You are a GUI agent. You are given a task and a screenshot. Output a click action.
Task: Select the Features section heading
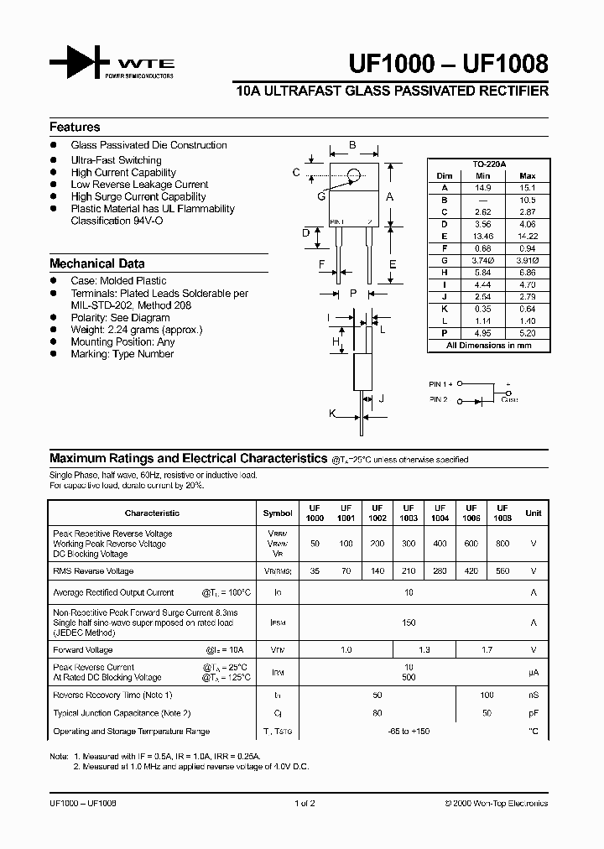75,128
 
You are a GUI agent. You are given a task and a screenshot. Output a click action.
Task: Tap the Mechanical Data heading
96,263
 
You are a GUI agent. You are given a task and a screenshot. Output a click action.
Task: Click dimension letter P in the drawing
353,293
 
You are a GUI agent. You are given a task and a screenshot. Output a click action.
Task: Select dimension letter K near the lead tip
332,414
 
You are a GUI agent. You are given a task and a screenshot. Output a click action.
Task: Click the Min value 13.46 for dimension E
482,237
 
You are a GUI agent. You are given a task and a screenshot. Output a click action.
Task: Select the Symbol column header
278,513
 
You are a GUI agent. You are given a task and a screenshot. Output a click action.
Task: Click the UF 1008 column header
502,513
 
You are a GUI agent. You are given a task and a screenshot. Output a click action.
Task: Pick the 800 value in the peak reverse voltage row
502,544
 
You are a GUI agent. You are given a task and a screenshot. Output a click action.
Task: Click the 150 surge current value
408,622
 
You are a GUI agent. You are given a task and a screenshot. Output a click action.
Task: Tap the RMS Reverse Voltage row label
93,571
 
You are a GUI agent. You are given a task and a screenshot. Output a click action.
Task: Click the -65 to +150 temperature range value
408,732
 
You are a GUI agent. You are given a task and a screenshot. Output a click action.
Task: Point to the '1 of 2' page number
305,803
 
